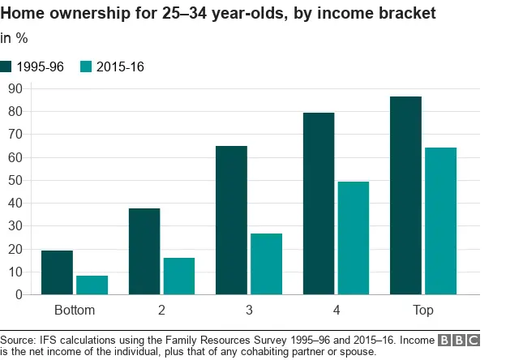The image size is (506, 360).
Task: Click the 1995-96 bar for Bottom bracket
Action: (58, 272)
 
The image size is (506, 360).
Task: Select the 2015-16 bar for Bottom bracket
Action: (92, 285)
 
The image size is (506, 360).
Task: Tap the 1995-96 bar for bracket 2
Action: (144, 251)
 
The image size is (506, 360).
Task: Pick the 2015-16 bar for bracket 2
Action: (179, 276)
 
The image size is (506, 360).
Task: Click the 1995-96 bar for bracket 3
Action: (232, 220)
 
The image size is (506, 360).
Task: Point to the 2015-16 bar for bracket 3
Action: (267, 264)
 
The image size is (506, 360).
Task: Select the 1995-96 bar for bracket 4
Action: (319, 204)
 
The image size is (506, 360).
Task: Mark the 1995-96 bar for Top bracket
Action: (406, 195)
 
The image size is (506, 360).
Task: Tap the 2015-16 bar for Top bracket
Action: (441, 221)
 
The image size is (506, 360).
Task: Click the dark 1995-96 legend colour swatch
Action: (6, 66)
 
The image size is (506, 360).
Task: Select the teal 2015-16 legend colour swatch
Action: (88, 66)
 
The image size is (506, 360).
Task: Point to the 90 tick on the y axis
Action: (15, 88)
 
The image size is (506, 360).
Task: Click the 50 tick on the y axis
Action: (15, 180)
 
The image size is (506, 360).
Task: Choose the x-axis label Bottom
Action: (75, 311)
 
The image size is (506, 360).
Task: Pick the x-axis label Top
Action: (423, 311)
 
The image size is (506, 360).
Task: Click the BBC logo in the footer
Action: (458, 340)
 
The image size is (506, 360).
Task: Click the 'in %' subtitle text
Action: (14, 37)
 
